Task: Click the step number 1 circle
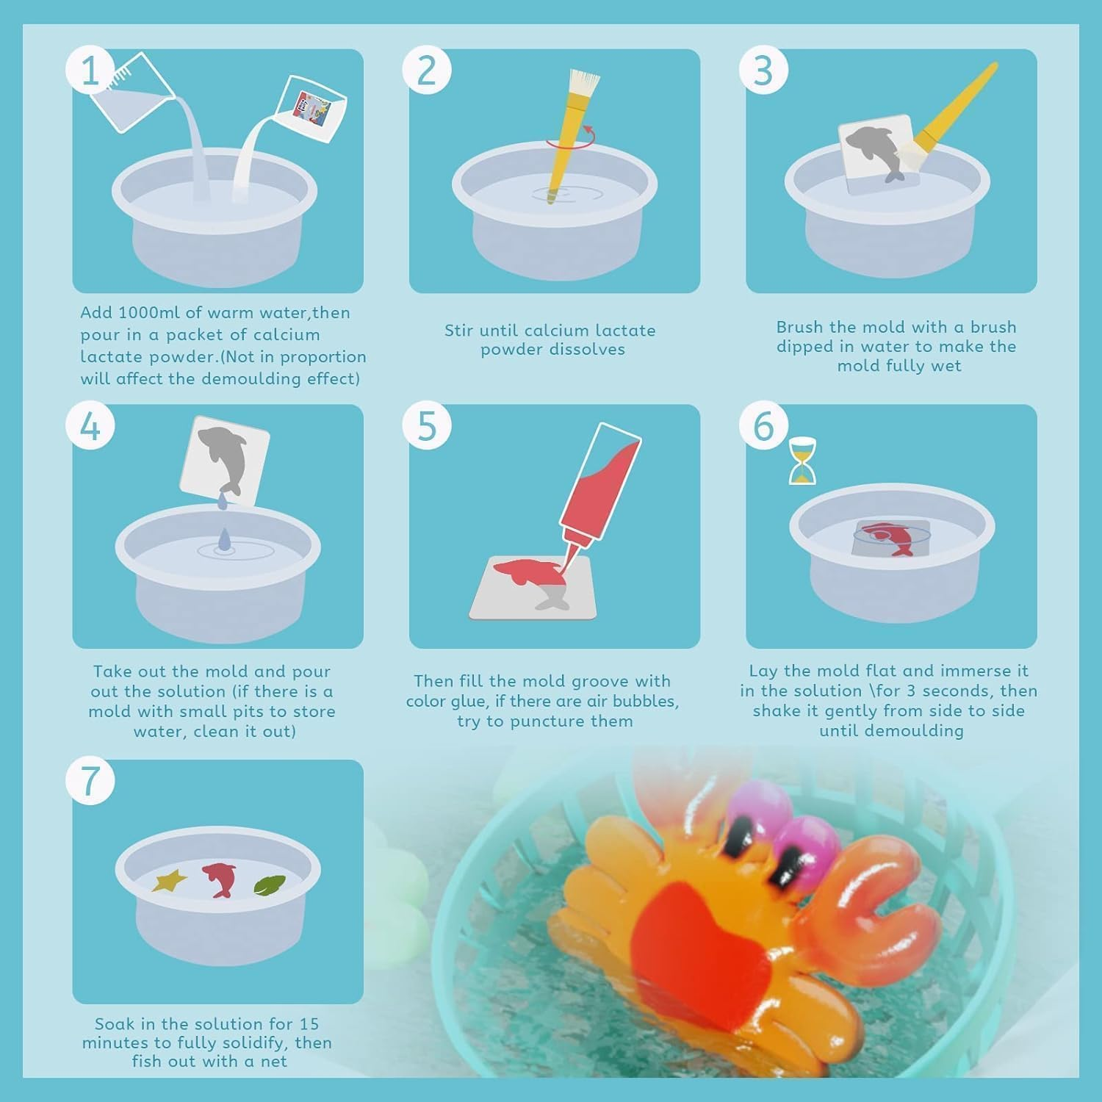[90, 71]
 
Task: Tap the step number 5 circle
[427, 426]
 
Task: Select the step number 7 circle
[90, 781]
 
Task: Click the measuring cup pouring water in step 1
[132, 93]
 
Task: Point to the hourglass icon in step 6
[802, 461]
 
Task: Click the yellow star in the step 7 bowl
[170, 879]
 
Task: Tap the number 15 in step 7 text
[309, 1023]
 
